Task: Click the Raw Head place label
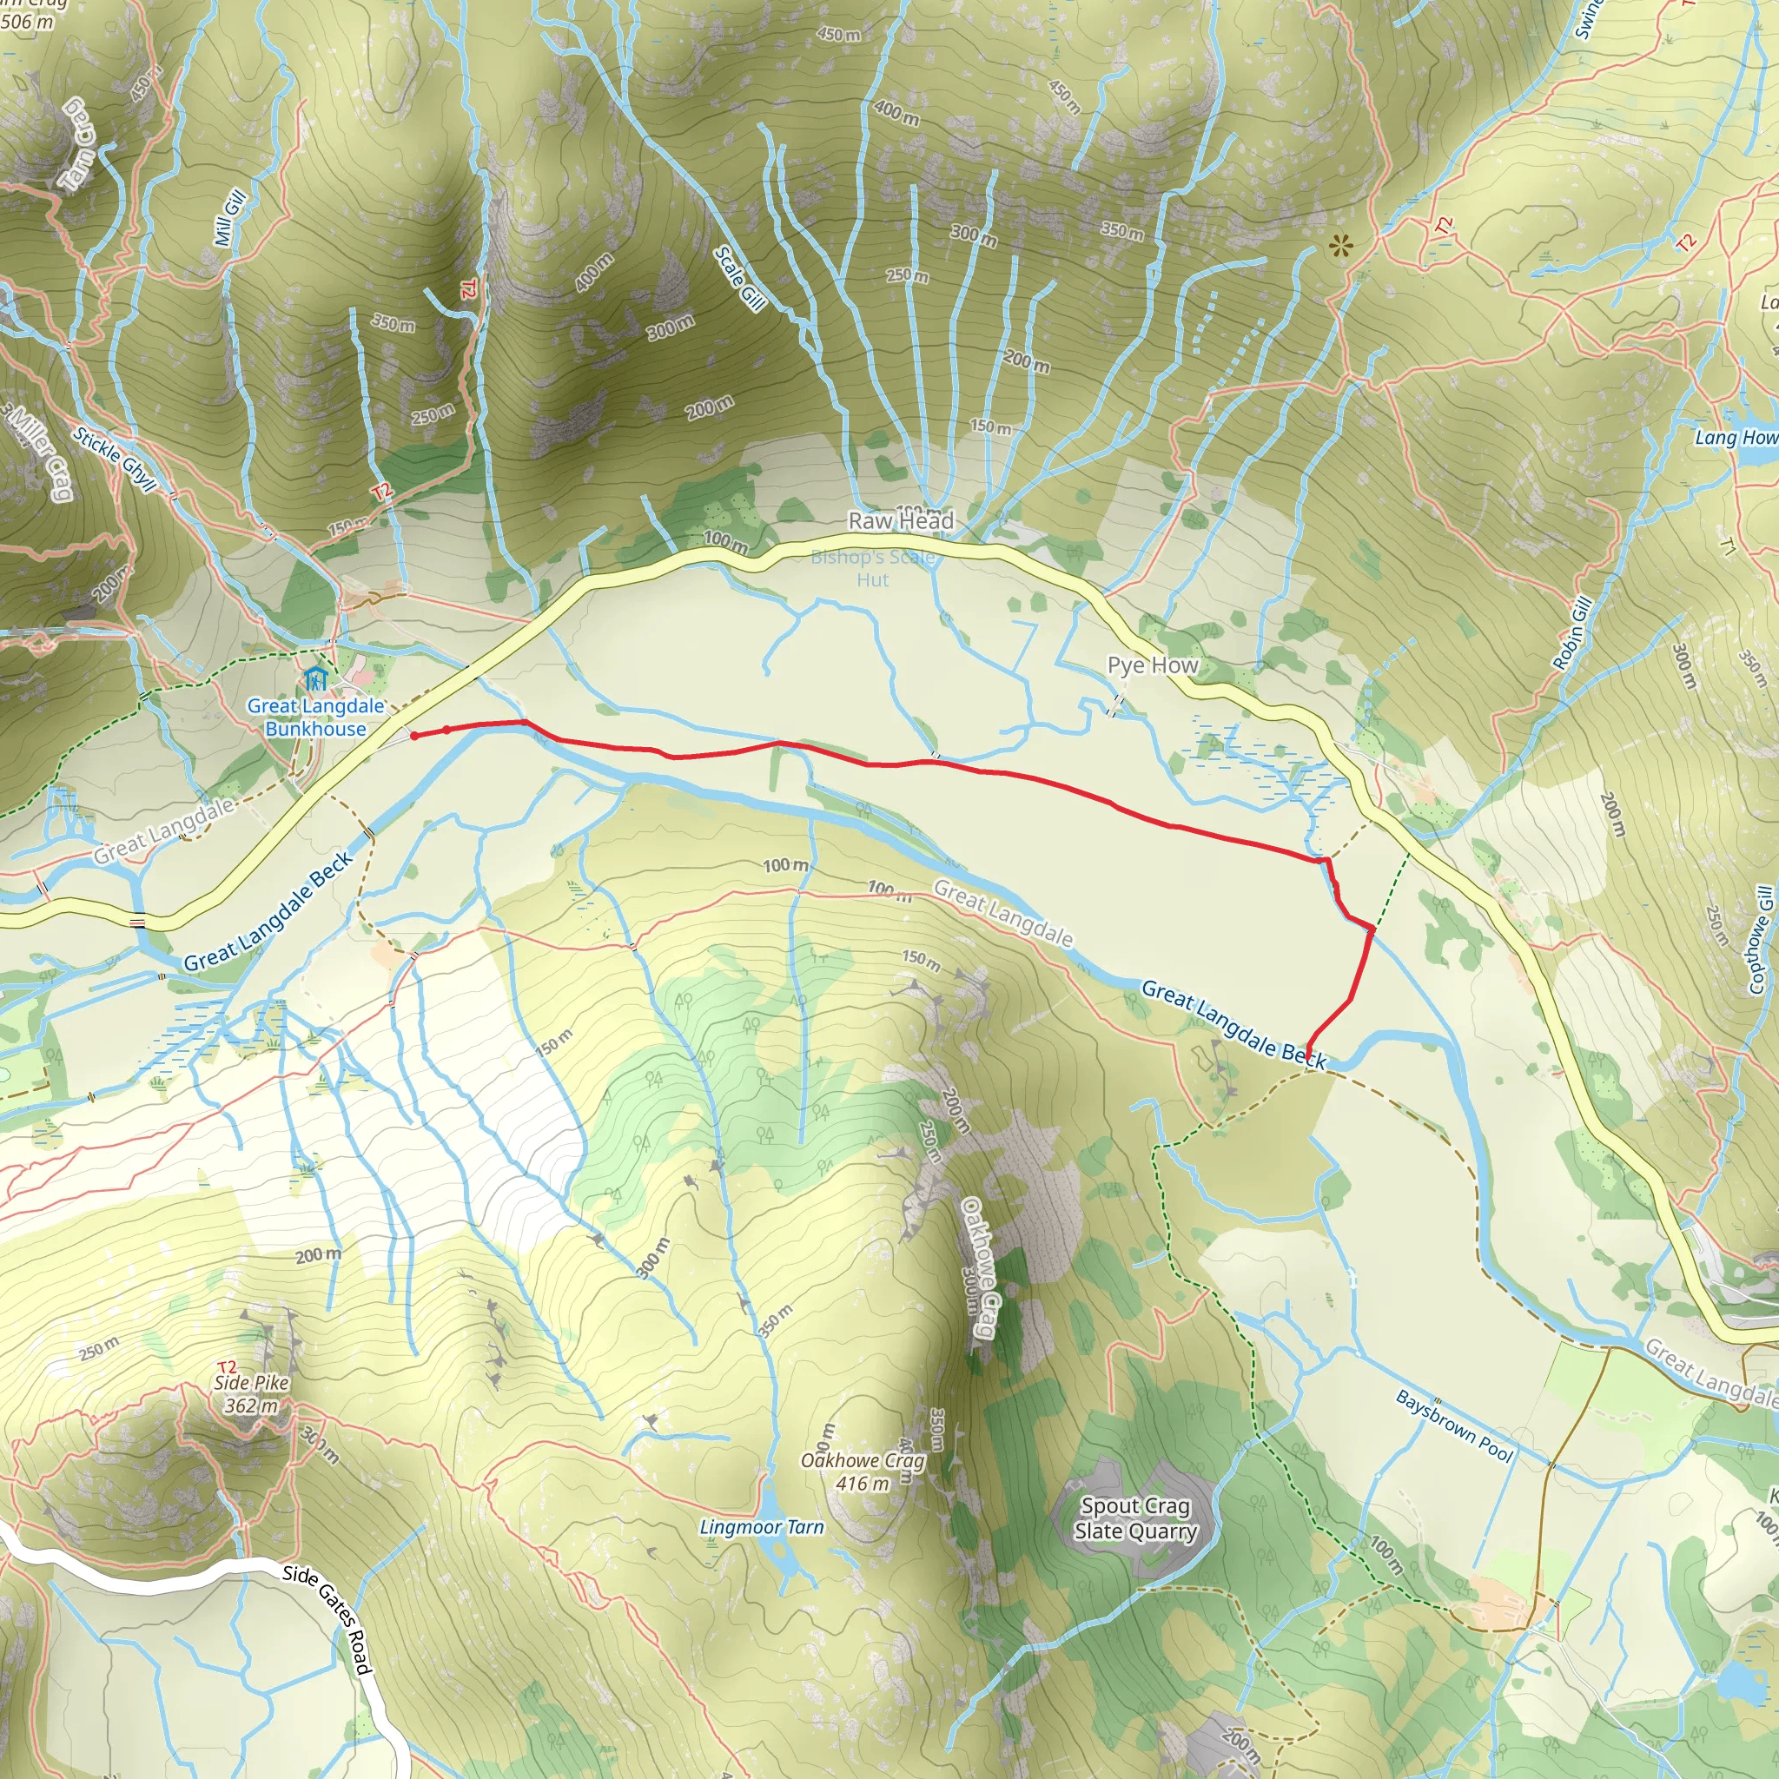pyautogui.click(x=901, y=521)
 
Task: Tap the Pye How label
pyautogui.click(x=1152, y=665)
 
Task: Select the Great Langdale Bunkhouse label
pyautogui.click(x=315, y=718)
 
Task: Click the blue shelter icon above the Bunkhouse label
pyautogui.click(x=315, y=680)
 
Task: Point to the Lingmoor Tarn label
pyautogui.click(x=762, y=1527)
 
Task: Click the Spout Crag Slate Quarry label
pyautogui.click(x=1135, y=1518)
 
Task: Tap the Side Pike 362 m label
pyautogui.click(x=251, y=1394)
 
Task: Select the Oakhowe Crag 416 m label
pyautogui.click(x=862, y=1471)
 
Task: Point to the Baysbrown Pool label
pyautogui.click(x=1454, y=1426)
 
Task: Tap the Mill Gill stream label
pyautogui.click(x=229, y=218)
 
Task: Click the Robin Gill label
pyautogui.click(x=1573, y=633)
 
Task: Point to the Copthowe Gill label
pyautogui.click(x=1761, y=940)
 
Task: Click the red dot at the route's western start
pyautogui.click(x=414, y=736)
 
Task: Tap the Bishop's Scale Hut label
pyautogui.click(x=872, y=568)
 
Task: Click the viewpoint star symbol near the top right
pyautogui.click(x=1341, y=246)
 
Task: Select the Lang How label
pyautogui.click(x=1736, y=438)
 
